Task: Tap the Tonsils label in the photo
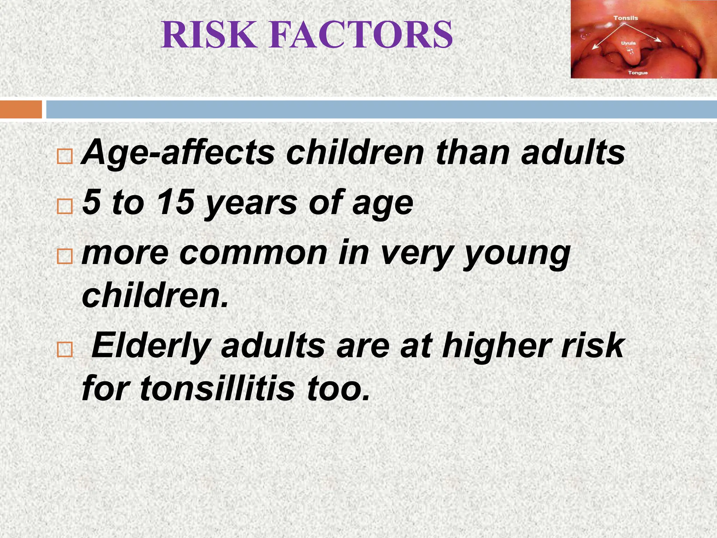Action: click(626, 18)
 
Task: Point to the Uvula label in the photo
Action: click(628, 43)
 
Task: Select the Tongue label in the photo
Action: click(638, 73)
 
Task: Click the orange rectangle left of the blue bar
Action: click(21, 109)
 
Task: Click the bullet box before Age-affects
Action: click(64, 157)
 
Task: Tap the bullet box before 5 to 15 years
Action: click(64, 206)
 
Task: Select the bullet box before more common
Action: click(64, 256)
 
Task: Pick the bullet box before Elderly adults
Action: click(64, 350)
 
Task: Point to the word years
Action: click(251, 203)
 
